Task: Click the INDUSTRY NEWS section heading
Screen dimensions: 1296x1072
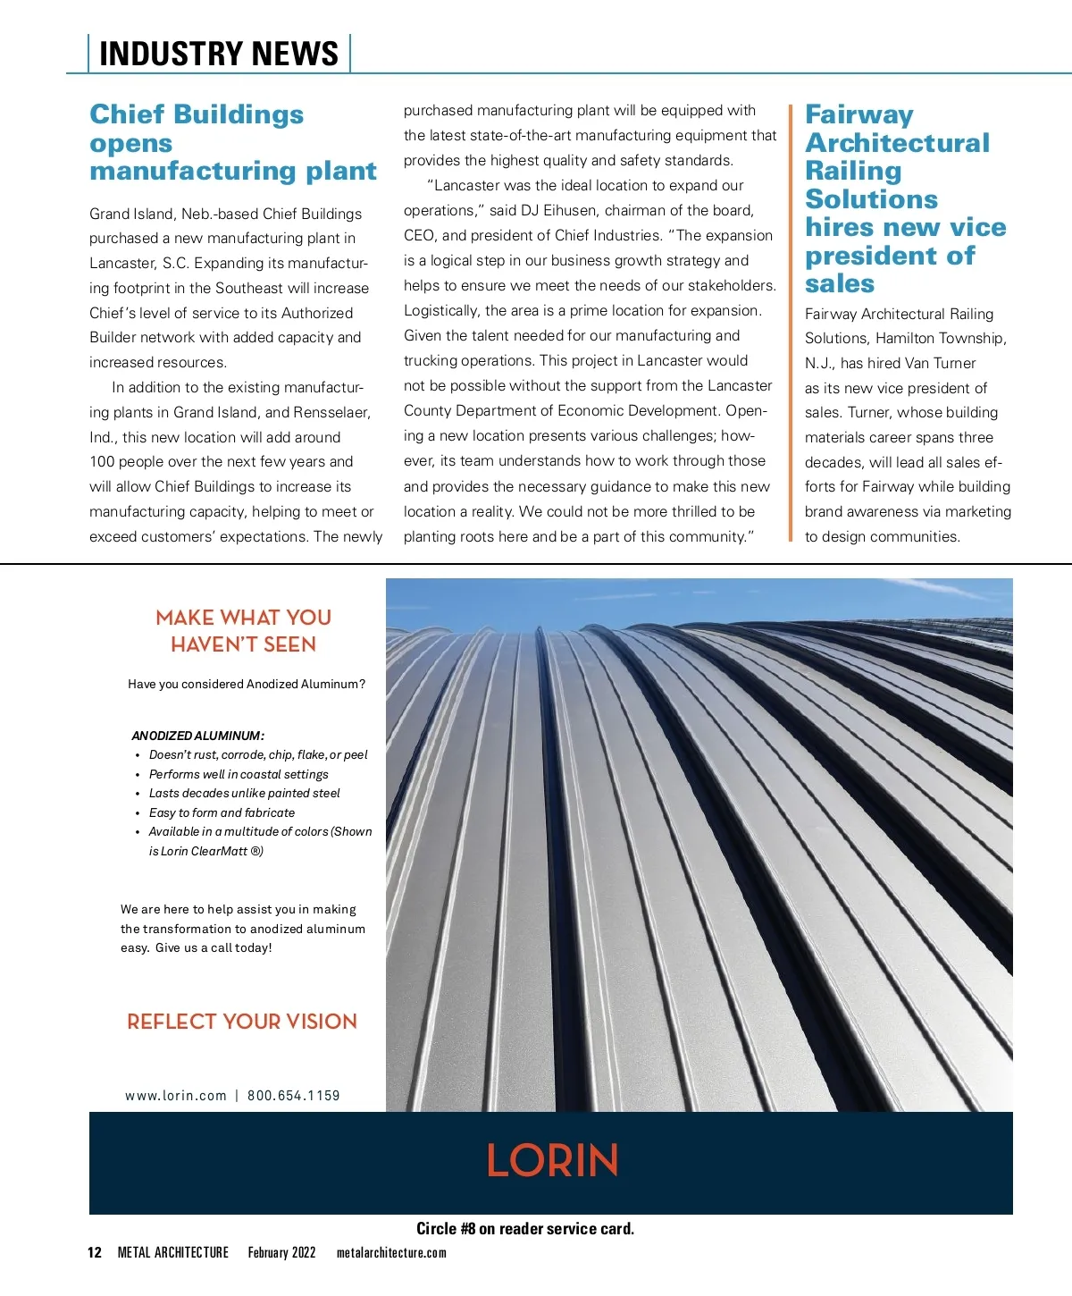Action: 219,54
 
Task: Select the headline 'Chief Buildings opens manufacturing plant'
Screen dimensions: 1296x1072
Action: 232,143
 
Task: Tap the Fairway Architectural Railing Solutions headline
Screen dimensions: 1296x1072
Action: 904,198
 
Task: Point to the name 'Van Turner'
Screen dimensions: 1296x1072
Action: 940,364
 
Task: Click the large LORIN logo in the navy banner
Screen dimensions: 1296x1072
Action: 552,1161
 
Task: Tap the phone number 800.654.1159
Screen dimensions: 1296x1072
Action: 294,1096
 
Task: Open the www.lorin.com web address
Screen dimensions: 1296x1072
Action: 176,1096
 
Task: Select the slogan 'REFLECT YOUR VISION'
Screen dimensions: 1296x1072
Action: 242,1022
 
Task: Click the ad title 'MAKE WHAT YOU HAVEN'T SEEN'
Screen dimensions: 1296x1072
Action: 243,631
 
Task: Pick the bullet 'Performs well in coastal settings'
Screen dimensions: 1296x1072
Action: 239,775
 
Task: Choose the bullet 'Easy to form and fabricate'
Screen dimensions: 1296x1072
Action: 222,813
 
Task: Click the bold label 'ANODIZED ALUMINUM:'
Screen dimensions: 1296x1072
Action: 197,736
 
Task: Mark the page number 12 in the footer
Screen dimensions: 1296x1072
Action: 95,1252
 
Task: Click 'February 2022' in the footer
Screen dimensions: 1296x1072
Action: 281,1252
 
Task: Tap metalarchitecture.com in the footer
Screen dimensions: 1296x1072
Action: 391,1253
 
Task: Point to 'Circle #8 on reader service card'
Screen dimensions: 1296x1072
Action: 525,1229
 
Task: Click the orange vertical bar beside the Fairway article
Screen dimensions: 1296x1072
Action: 791,323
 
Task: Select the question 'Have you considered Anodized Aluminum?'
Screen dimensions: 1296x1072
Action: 247,685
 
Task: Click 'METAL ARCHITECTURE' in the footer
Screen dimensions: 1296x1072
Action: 173,1252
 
